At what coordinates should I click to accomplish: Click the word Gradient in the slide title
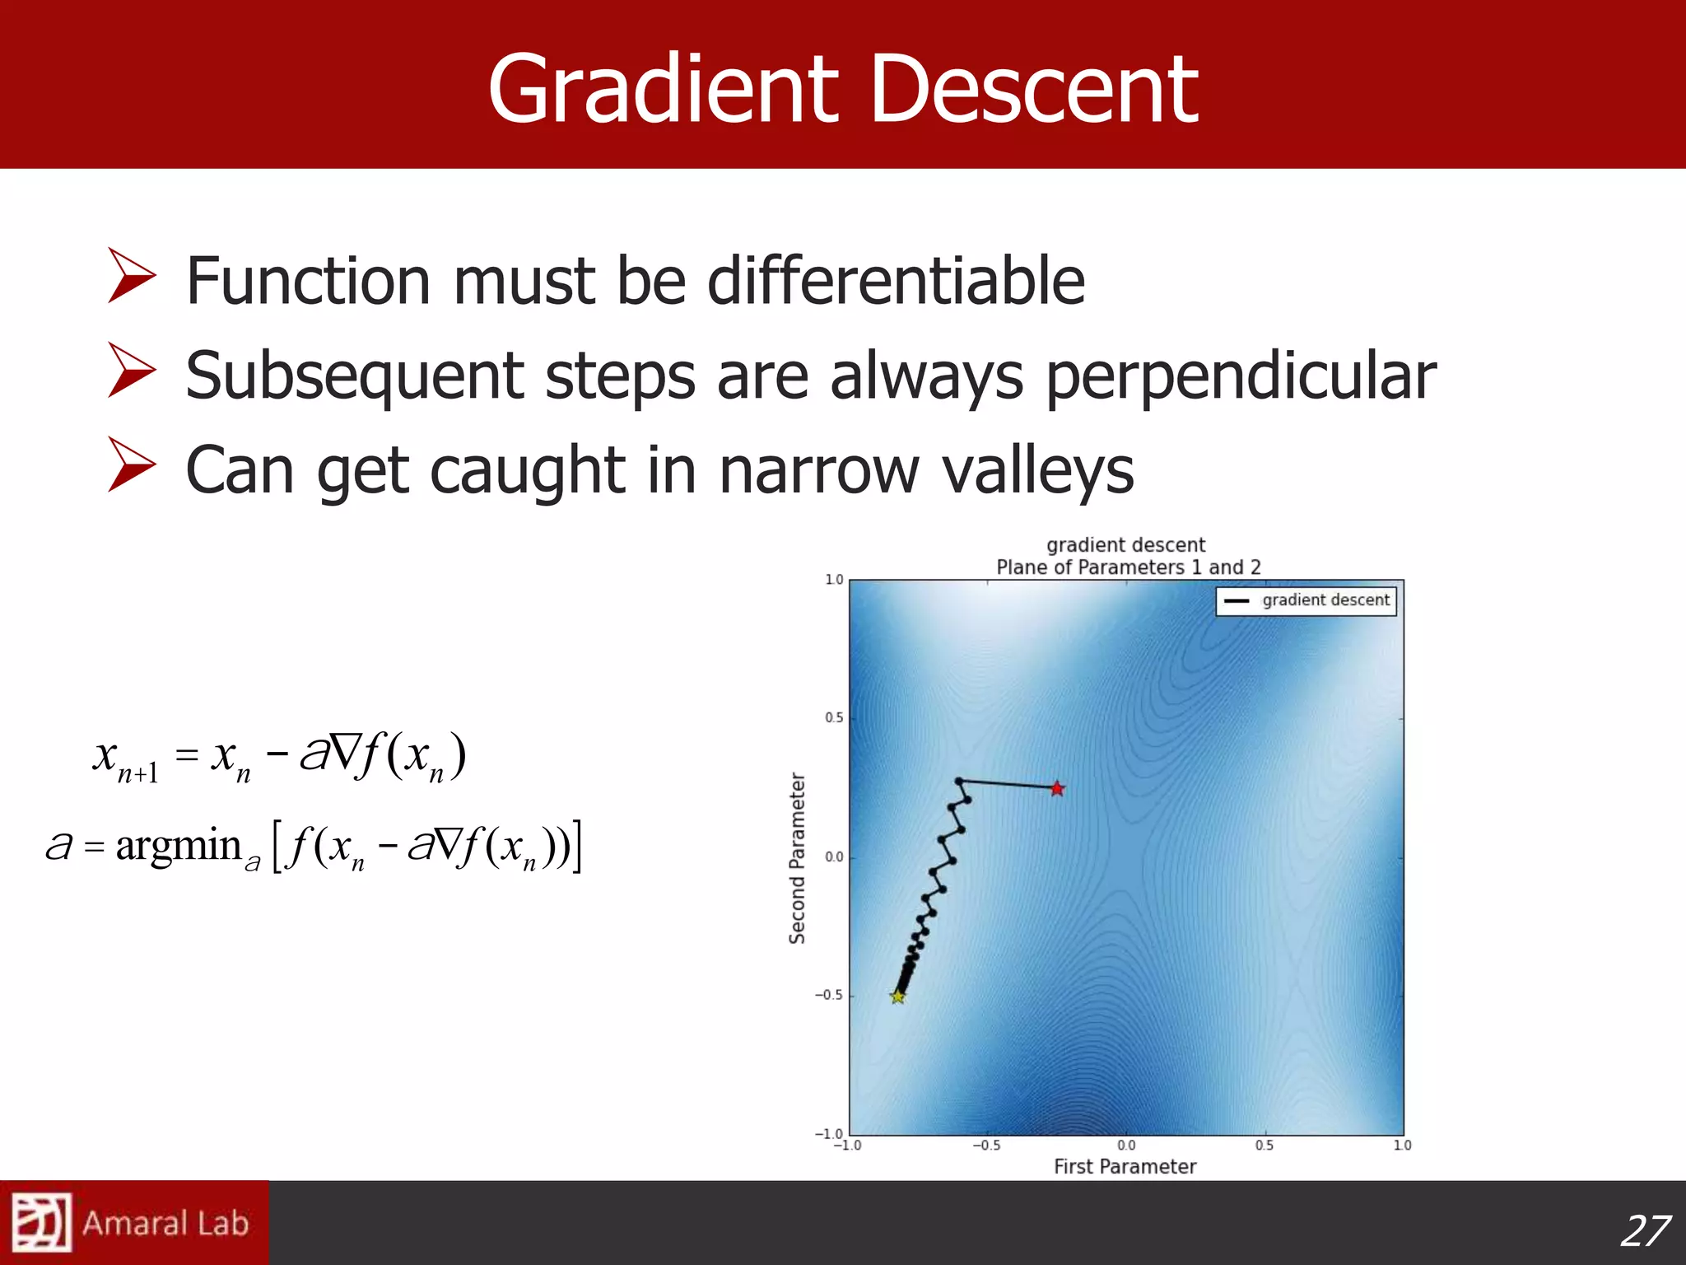[x=663, y=89]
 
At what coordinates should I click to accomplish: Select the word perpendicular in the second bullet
[x=1241, y=376]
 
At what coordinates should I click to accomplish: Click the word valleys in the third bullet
[x=1037, y=470]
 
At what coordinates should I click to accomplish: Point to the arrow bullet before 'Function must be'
[x=132, y=278]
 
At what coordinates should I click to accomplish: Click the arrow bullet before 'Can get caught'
[x=132, y=465]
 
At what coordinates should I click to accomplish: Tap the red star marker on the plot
[x=1057, y=789]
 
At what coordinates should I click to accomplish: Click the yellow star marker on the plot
[x=897, y=997]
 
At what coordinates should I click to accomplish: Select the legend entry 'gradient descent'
[x=1307, y=600]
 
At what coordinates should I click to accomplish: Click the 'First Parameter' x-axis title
[x=1125, y=1166]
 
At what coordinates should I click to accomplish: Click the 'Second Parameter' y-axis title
[x=797, y=857]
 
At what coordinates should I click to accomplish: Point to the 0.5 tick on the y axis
[x=833, y=718]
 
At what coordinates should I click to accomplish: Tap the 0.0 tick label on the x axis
[x=1125, y=1146]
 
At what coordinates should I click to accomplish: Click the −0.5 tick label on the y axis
[x=829, y=995]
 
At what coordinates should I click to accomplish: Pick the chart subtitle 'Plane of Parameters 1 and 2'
[x=1128, y=567]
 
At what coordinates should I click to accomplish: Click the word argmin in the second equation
[x=178, y=846]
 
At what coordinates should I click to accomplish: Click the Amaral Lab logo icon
[x=41, y=1222]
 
